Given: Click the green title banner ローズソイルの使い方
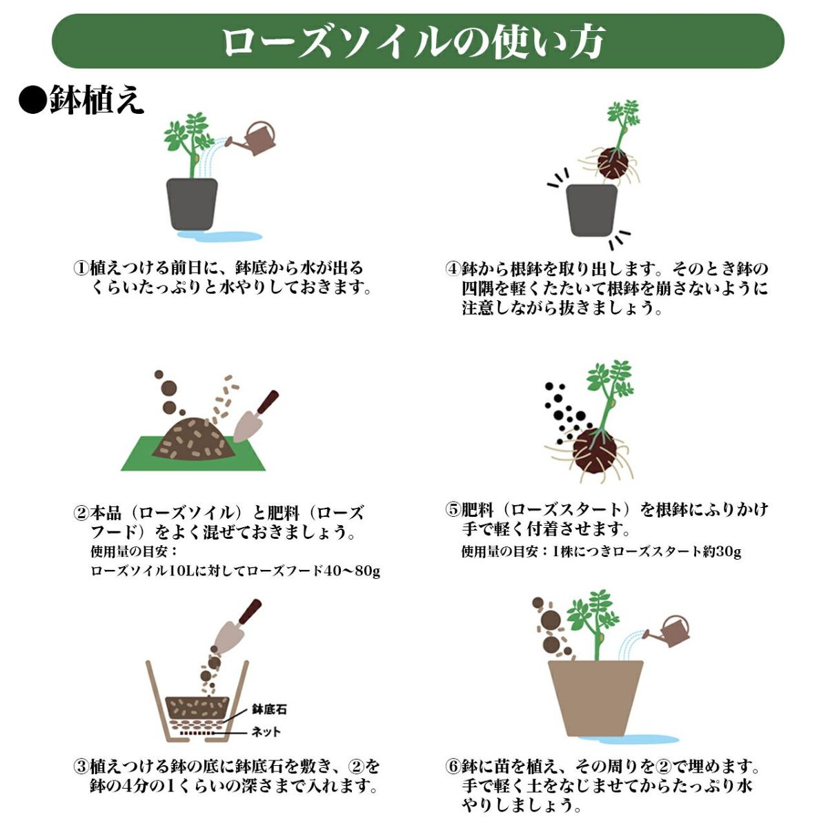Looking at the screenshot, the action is (x=417, y=41).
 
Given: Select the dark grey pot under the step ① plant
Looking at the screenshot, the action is (x=192, y=204).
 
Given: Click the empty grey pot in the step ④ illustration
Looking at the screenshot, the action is (x=591, y=210).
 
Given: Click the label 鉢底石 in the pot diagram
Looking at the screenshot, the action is (x=269, y=709).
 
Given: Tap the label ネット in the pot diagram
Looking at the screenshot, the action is (x=266, y=732).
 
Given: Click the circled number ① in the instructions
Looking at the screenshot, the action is (x=81, y=268).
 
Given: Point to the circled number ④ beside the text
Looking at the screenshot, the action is (x=453, y=269).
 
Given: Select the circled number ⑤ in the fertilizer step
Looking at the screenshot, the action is (x=453, y=510).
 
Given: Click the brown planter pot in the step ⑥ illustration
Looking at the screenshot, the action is (x=595, y=699).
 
